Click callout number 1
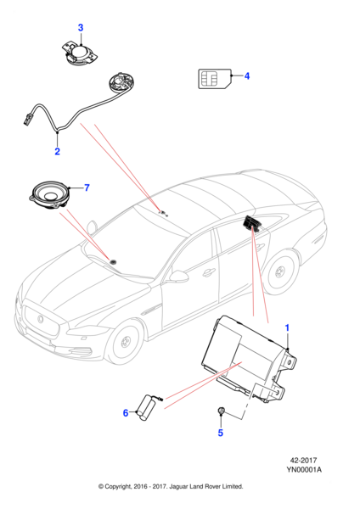(287, 327)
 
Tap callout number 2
(57, 153)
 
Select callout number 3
(81, 28)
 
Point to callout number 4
(247, 76)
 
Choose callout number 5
(220, 433)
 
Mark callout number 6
(125, 413)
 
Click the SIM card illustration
(209, 78)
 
